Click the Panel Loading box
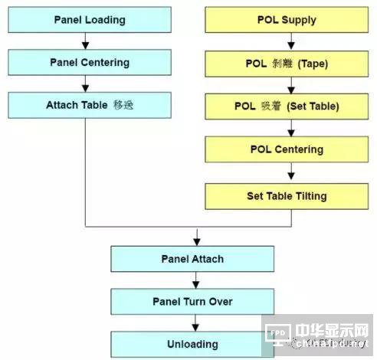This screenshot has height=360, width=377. (90, 20)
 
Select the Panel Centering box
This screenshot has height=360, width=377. (90, 62)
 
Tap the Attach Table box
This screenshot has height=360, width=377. (90, 105)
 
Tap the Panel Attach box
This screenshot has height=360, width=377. (192, 259)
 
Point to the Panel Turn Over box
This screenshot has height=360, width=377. (192, 301)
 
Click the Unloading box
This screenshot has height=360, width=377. (192, 344)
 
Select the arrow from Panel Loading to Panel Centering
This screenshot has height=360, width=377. (90, 41)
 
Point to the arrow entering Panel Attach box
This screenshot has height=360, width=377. (196, 237)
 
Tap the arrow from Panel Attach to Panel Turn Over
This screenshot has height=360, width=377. (196, 280)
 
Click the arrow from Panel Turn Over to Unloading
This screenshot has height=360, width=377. (196, 323)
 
